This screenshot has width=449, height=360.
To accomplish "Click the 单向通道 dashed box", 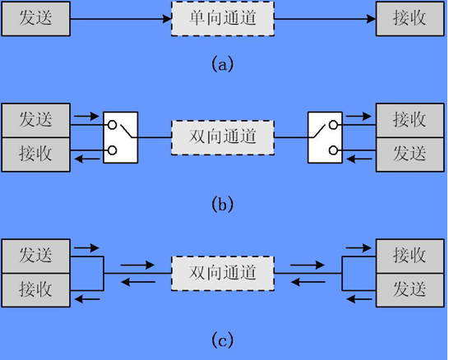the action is (223, 19).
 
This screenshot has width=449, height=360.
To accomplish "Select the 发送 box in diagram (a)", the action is (36, 19).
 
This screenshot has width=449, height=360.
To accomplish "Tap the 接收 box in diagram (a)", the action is (410, 19).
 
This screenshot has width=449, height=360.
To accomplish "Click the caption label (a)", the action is (223, 63).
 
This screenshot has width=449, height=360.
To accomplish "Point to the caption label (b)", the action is (223, 204).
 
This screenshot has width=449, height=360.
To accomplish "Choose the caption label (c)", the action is (223, 340).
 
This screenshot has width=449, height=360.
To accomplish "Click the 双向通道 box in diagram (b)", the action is (223, 137).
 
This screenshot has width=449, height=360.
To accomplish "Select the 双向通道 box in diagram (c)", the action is (223, 274).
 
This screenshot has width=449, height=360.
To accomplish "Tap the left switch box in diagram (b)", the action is (121, 137).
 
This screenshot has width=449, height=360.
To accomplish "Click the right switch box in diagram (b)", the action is (325, 137).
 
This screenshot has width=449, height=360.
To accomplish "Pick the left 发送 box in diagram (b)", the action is (36, 121).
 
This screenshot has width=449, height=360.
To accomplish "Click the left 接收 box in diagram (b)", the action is (36, 155).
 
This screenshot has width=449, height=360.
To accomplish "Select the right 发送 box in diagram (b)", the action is (410, 155).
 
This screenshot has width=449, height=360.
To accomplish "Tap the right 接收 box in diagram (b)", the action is (410, 121).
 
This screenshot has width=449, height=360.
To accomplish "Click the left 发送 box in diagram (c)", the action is (36, 256).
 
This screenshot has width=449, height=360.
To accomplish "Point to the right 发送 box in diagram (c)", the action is (410, 290).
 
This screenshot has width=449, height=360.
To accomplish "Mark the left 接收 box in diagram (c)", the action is (36, 290).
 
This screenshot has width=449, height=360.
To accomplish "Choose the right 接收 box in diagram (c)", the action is (410, 256).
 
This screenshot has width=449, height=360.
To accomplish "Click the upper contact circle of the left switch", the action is (112, 125).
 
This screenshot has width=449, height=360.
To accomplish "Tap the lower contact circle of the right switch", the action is (333, 150).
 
